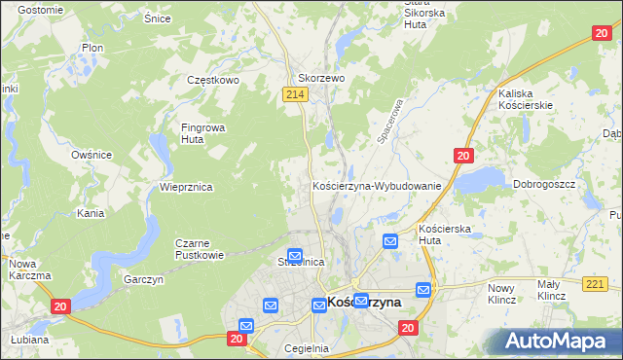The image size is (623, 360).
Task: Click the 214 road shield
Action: click(297, 93)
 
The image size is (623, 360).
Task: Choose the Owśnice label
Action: click(92, 155)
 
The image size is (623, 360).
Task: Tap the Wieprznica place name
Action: click(186, 187)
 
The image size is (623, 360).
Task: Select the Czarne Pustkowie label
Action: click(199, 249)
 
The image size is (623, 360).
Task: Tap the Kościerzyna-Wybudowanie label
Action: click(377, 185)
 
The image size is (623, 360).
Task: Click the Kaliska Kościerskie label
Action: click(525, 98)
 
